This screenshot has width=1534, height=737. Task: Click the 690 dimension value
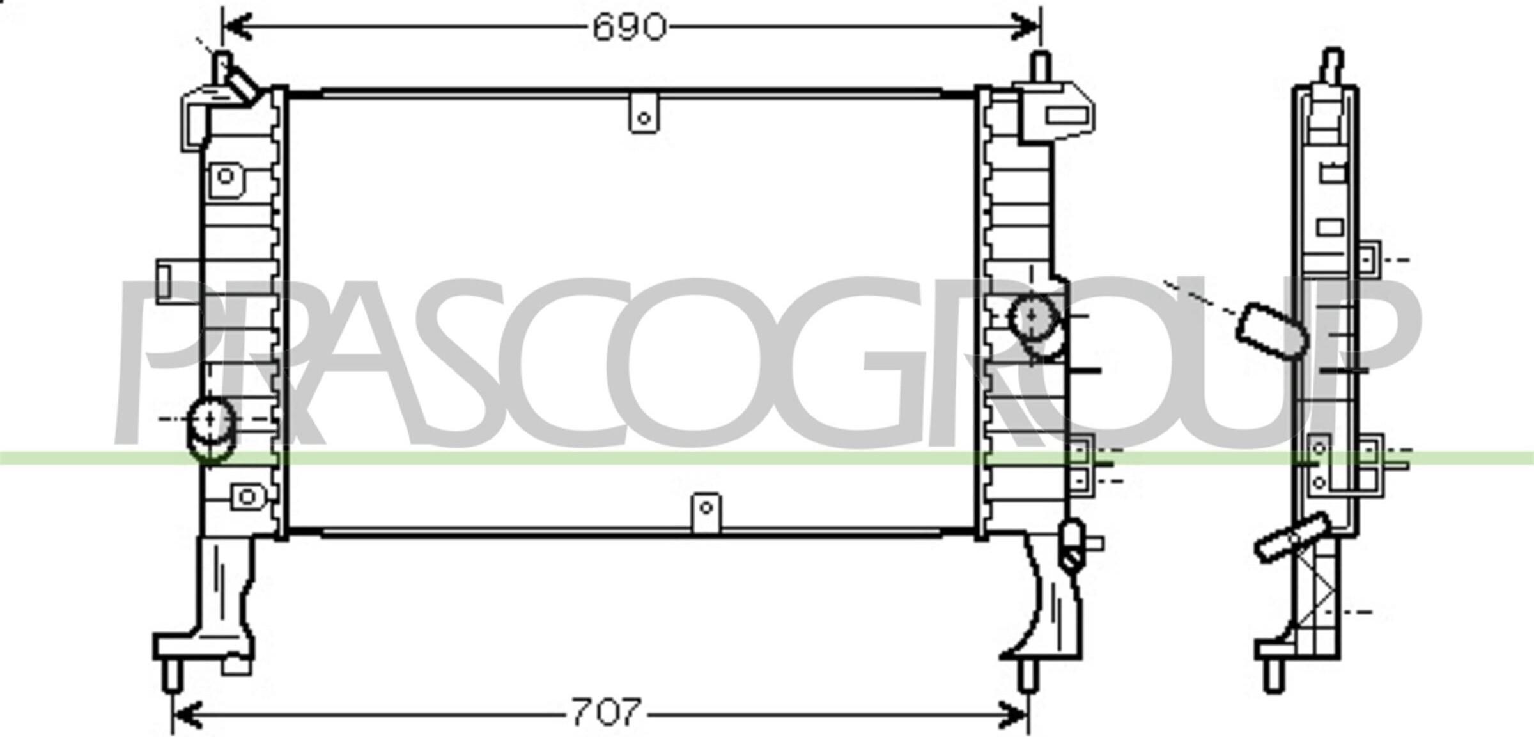pyautogui.click(x=630, y=28)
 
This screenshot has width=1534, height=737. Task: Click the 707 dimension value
pyautogui.click(x=606, y=712)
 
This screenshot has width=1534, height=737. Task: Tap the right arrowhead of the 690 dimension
pyautogui.click(x=1025, y=28)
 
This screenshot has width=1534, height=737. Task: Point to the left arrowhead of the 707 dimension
pyautogui.click(x=188, y=714)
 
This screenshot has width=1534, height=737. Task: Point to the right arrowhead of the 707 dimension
pyautogui.click(x=1013, y=714)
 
